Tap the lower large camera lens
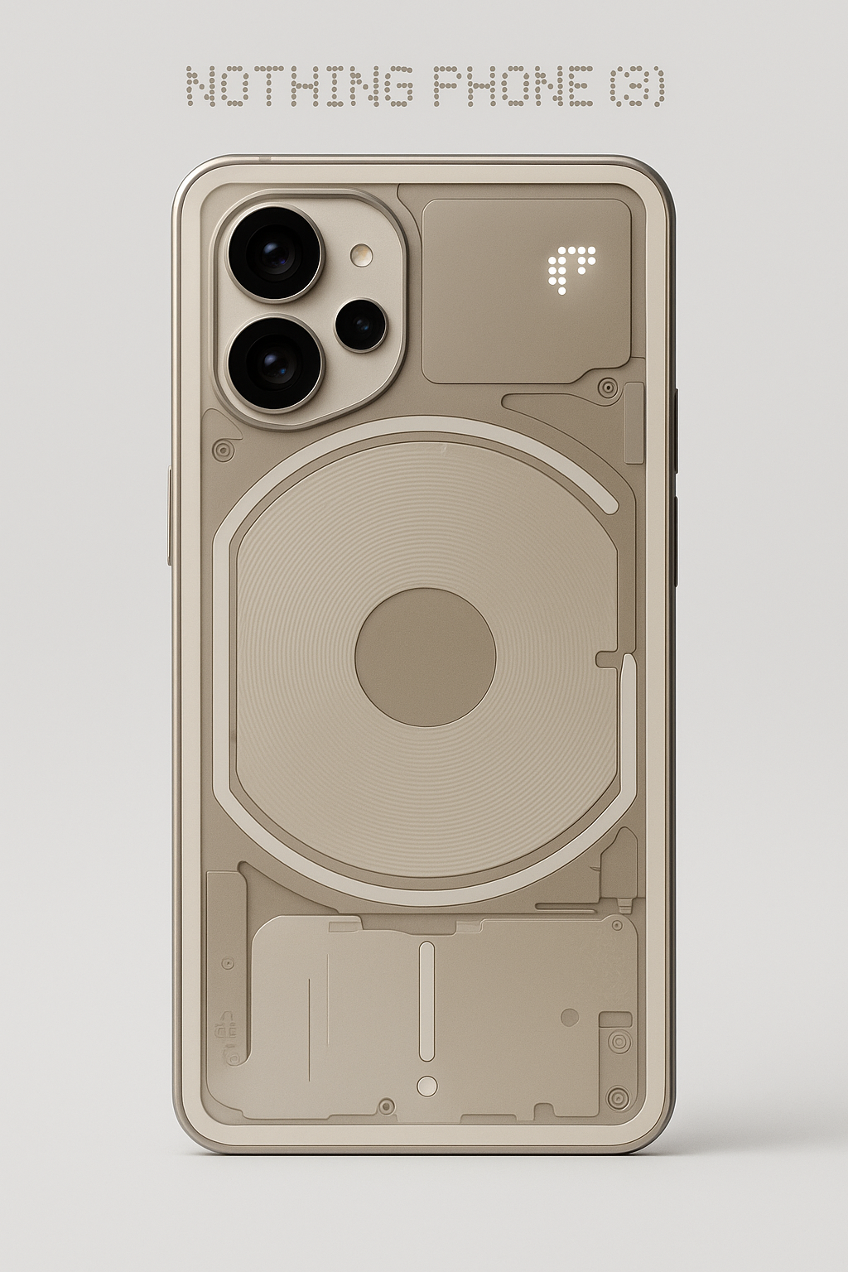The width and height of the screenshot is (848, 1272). click(x=275, y=364)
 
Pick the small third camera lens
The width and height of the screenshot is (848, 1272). click(x=360, y=325)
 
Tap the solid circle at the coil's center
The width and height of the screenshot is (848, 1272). click(x=426, y=657)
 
